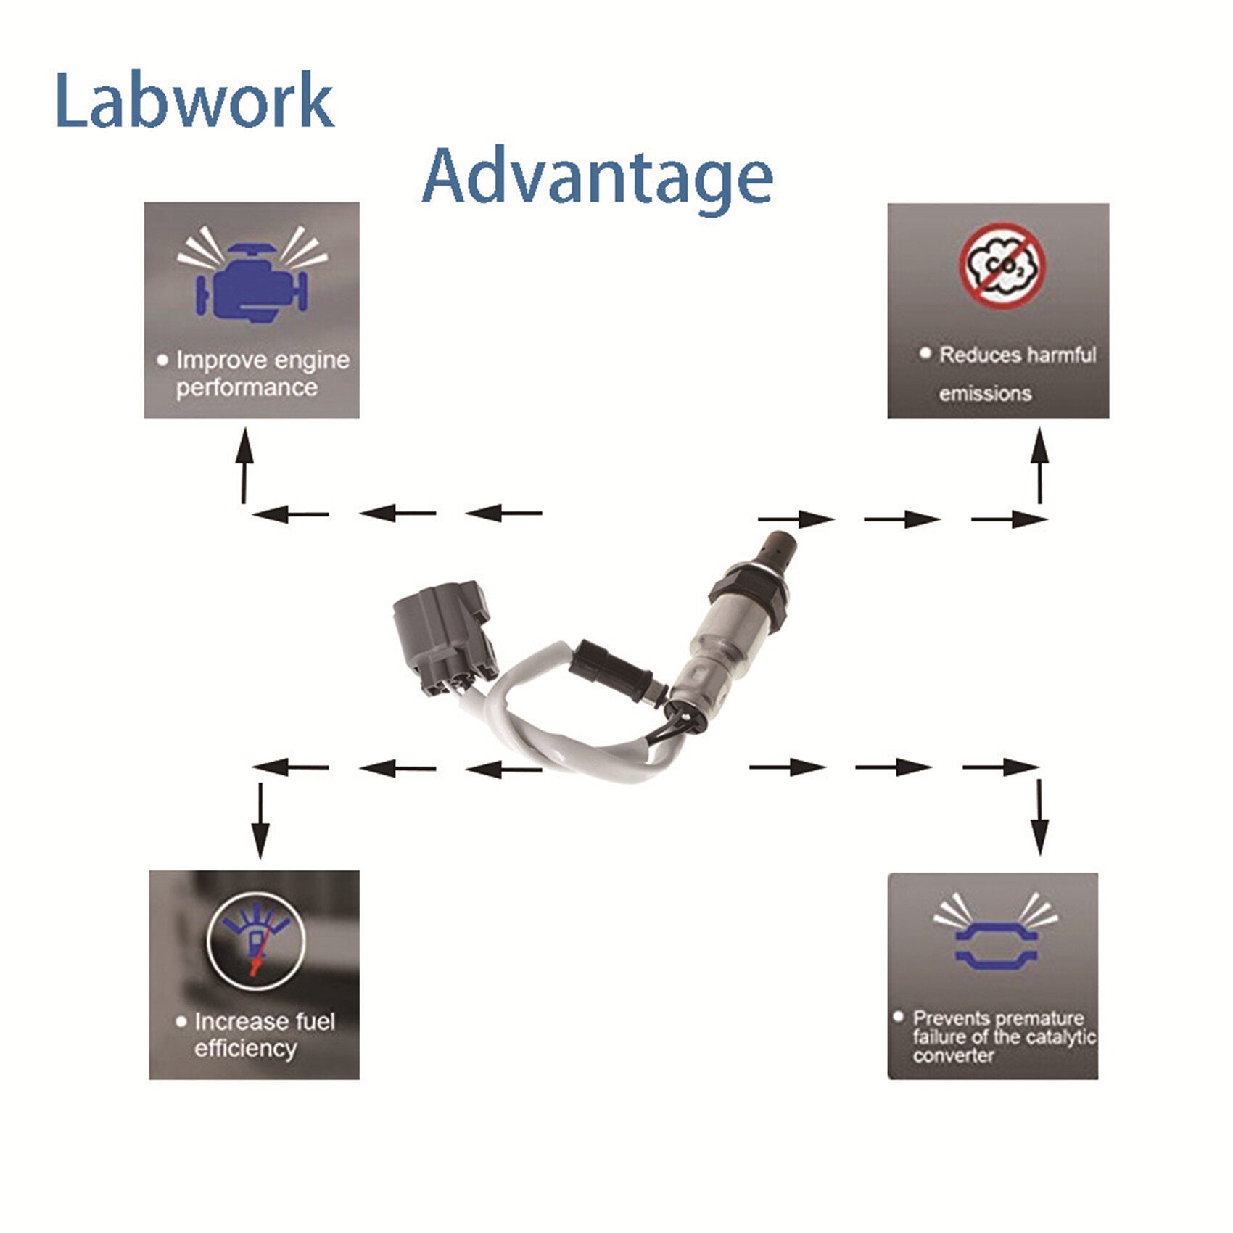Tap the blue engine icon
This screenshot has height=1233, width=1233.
coord(252,281)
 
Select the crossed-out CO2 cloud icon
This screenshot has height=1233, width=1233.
coord(1003,266)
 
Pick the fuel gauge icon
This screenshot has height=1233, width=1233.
coord(255,939)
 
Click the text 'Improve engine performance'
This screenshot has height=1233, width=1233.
coord(254,374)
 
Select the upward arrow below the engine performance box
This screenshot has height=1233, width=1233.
coord(245,464)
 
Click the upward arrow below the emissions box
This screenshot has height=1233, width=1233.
coord(1041,464)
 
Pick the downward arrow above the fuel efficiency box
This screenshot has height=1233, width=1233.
coord(260,820)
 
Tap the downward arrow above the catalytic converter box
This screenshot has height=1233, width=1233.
coord(1041,817)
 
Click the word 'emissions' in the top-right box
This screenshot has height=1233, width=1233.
coord(985,394)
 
